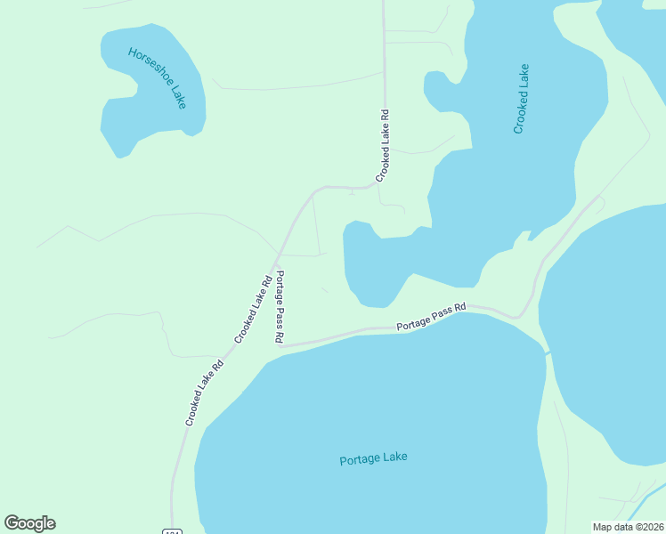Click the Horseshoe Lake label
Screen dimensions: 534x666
point(157,77)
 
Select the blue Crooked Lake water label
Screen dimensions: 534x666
point(521,99)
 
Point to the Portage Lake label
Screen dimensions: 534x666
point(374,459)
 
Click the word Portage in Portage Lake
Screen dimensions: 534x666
point(360,460)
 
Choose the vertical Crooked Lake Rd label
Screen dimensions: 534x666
point(384,145)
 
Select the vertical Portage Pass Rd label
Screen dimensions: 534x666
point(280,307)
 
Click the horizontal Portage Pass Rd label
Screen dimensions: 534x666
point(432,318)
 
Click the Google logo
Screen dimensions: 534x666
point(29,523)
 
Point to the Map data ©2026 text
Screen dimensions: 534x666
point(628,526)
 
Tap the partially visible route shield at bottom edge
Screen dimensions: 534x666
point(172,530)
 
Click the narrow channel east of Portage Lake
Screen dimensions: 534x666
point(548,354)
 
